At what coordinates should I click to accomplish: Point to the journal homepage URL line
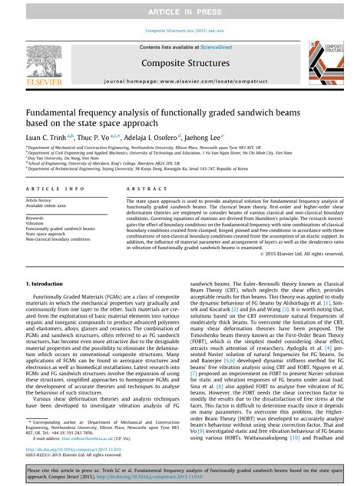(x=183, y=81)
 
